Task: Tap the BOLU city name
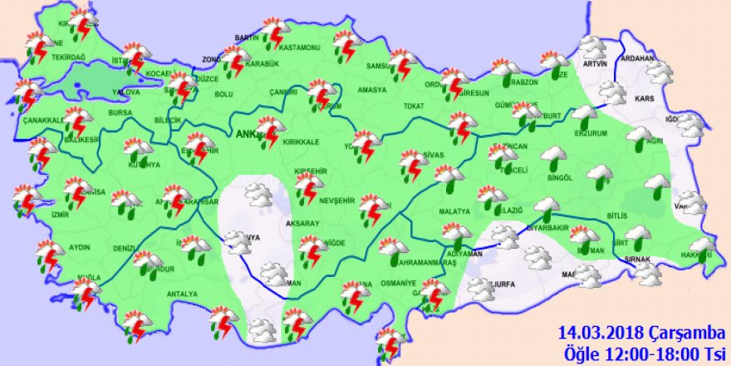point(224,94)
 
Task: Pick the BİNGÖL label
point(561,177)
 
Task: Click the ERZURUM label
point(591,133)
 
